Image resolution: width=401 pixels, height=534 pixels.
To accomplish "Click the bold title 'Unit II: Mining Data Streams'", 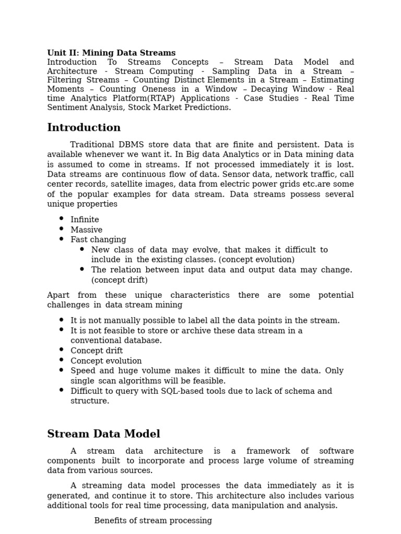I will [111, 53].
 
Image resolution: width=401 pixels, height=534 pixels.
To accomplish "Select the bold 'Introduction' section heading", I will [84, 128].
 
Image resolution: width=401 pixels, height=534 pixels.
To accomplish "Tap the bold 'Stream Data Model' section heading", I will [103, 434].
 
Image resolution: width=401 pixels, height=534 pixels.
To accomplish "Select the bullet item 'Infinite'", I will [85, 220].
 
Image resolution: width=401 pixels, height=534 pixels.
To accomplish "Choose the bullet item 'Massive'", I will [86, 229].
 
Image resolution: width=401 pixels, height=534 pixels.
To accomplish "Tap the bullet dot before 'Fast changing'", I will [61, 239].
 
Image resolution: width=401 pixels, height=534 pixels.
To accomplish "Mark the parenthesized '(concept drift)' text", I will [120, 280].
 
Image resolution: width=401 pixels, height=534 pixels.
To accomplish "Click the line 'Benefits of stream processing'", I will [153, 520].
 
